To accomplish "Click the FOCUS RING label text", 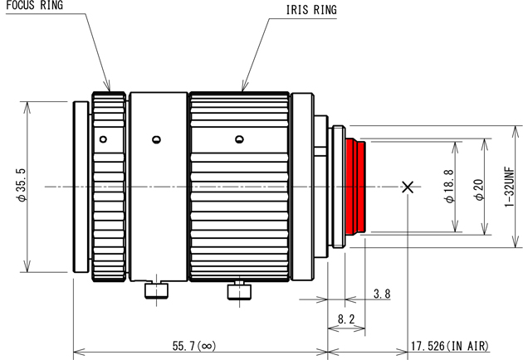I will pyautogui.click(x=33, y=5).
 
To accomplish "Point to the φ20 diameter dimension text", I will pyautogui.click(x=479, y=187).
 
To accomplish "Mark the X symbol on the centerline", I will pyautogui.click(x=407, y=187).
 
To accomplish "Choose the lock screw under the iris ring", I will pyautogui.click(x=238, y=290).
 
